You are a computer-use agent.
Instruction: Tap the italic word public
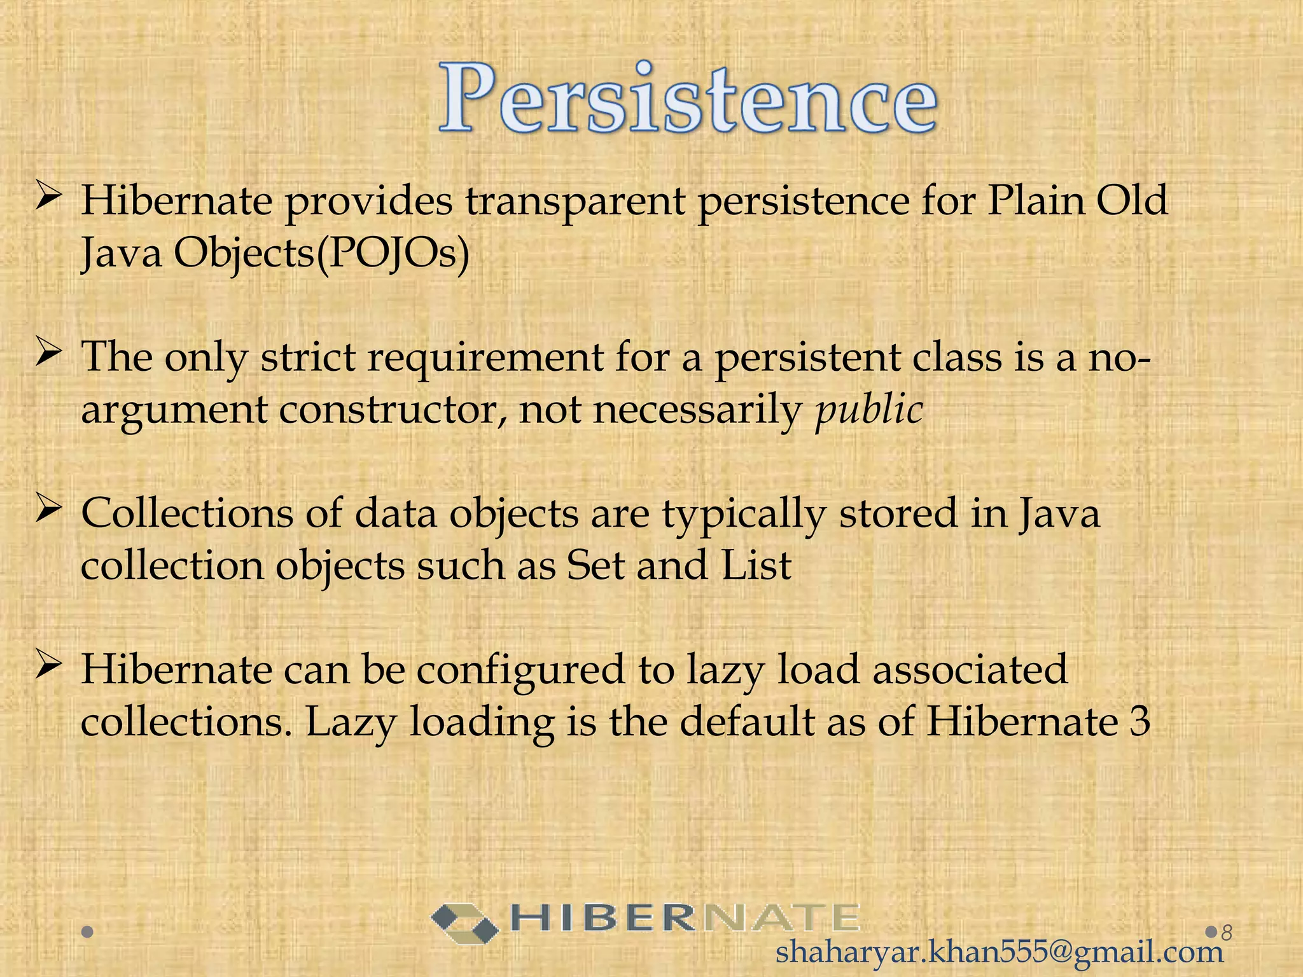coord(869,410)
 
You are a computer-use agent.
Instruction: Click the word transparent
coord(575,202)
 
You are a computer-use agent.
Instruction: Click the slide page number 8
coord(1227,932)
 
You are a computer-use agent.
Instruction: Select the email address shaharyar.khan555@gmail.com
coord(1000,953)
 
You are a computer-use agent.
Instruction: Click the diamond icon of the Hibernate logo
coord(464,923)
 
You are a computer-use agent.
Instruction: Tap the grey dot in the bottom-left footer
coord(88,932)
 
